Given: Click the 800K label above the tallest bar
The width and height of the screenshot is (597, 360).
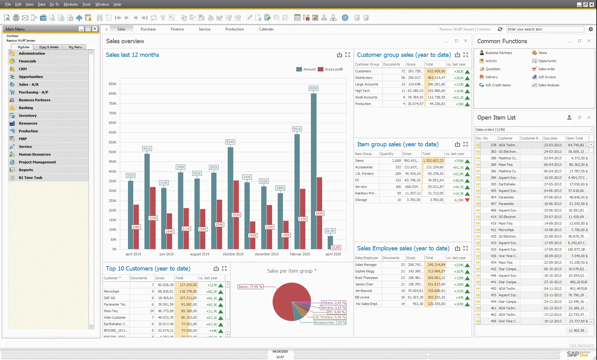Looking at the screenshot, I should (313, 88).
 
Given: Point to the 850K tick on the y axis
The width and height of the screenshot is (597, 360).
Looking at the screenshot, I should (112, 84).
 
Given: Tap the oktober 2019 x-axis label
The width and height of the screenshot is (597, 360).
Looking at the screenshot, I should (233, 254).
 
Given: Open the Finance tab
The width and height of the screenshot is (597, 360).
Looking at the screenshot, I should (177, 29).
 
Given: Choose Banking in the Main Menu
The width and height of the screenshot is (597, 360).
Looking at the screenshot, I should (26, 108).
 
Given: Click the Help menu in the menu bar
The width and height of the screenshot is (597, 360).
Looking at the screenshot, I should (117, 4).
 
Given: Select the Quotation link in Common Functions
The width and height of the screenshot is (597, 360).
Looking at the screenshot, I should (493, 69).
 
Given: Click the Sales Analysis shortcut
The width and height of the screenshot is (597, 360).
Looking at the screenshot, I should (549, 85).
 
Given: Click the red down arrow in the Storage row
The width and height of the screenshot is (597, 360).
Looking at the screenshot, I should (467, 200).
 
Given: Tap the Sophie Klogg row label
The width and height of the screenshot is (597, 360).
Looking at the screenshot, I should (365, 271).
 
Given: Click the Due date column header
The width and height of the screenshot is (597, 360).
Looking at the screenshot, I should (550, 138).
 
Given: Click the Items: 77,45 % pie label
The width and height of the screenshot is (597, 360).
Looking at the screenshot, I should (250, 287).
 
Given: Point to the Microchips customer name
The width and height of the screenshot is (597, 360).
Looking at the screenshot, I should (112, 291).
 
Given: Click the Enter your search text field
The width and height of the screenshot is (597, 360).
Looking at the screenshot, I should (545, 29).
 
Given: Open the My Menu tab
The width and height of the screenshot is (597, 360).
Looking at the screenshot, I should (75, 47).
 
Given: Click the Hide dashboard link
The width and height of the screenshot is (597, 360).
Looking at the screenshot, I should (581, 345).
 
